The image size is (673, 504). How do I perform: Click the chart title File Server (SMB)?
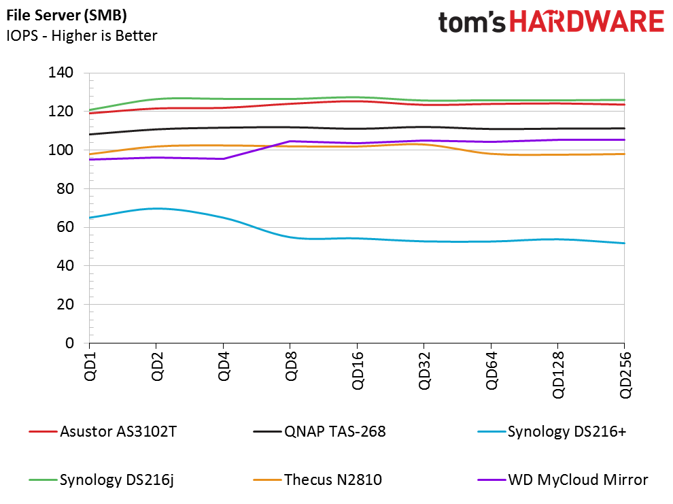(67, 16)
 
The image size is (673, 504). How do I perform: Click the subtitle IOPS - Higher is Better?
(82, 35)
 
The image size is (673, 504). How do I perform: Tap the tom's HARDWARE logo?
(551, 22)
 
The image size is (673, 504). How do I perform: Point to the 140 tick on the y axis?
(61, 73)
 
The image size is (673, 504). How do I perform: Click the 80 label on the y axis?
(65, 188)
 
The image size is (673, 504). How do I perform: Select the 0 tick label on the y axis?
(69, 343)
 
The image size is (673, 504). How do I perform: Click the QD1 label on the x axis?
(90, 366)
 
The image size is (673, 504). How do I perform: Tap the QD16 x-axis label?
(358, 371)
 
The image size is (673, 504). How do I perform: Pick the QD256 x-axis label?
(625, 375)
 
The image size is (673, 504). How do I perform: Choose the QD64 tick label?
(491, 371)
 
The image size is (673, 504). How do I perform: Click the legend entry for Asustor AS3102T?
(103, 431)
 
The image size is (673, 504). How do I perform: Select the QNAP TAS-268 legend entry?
(320, 431)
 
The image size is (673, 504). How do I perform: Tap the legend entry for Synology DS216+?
(552, 431)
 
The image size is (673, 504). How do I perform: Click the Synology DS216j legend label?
(101, 480)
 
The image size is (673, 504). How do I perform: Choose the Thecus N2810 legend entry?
(317, 480)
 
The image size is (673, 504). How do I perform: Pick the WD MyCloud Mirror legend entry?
(563, 480)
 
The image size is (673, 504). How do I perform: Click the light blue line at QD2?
(156, 209)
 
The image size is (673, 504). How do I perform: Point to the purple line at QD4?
(223, 159)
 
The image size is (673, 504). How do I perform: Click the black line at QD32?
(424, 127)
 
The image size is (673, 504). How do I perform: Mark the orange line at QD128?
(558, 154)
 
